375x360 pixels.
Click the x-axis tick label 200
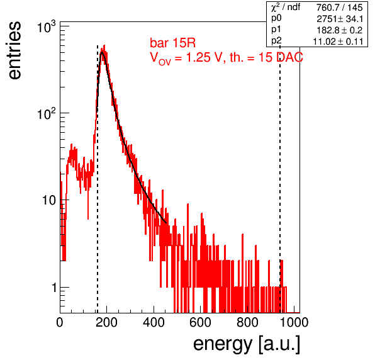pos(106,322)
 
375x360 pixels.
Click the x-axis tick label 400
pos(154,322)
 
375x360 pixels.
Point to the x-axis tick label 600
pos(200,322)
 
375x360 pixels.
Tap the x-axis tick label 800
pos(247,322)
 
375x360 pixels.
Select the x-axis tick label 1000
pos(294,322)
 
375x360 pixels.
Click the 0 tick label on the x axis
pos(60,322)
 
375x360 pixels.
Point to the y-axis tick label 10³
pos(46,27)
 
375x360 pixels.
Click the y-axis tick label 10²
pos(46,113)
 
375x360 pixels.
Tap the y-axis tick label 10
pos(49,200)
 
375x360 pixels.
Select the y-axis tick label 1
pos(54,288)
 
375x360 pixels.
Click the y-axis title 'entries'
pos(14,50)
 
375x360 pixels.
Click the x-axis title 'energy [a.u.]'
pos(247,344)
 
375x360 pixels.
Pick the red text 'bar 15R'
pos(172,43)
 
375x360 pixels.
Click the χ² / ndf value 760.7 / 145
pos(340,8)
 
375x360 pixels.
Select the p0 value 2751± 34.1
pos(340,19)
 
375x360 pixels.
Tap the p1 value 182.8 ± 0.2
pos(340,30)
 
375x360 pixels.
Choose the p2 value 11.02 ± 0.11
pos(338,42)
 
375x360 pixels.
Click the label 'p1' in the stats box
pos(276,30)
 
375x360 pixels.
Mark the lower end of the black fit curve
pos(166,223)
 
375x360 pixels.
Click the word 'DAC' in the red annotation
pos(289,57)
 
